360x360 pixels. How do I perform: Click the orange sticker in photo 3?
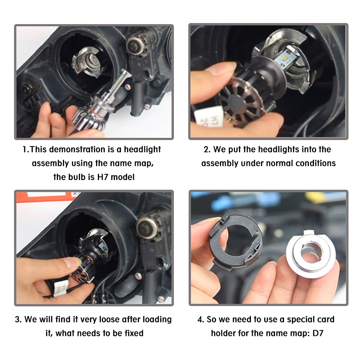(x=50, y=194)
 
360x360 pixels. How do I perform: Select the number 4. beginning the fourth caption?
(x=201, y=319)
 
